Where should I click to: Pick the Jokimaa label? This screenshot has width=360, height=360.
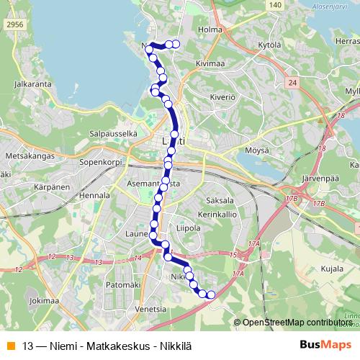click(44, 300)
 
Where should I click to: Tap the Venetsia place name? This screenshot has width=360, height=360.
click(150, 310)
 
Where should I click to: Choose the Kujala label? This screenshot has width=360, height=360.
click(332, 269)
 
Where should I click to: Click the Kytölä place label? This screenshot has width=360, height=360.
click(268, 45)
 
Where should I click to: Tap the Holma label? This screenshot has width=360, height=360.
click(210, 30)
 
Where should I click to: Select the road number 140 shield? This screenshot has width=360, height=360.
click(274, 5)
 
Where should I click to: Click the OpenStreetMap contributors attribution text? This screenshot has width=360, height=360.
click(297, 323)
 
